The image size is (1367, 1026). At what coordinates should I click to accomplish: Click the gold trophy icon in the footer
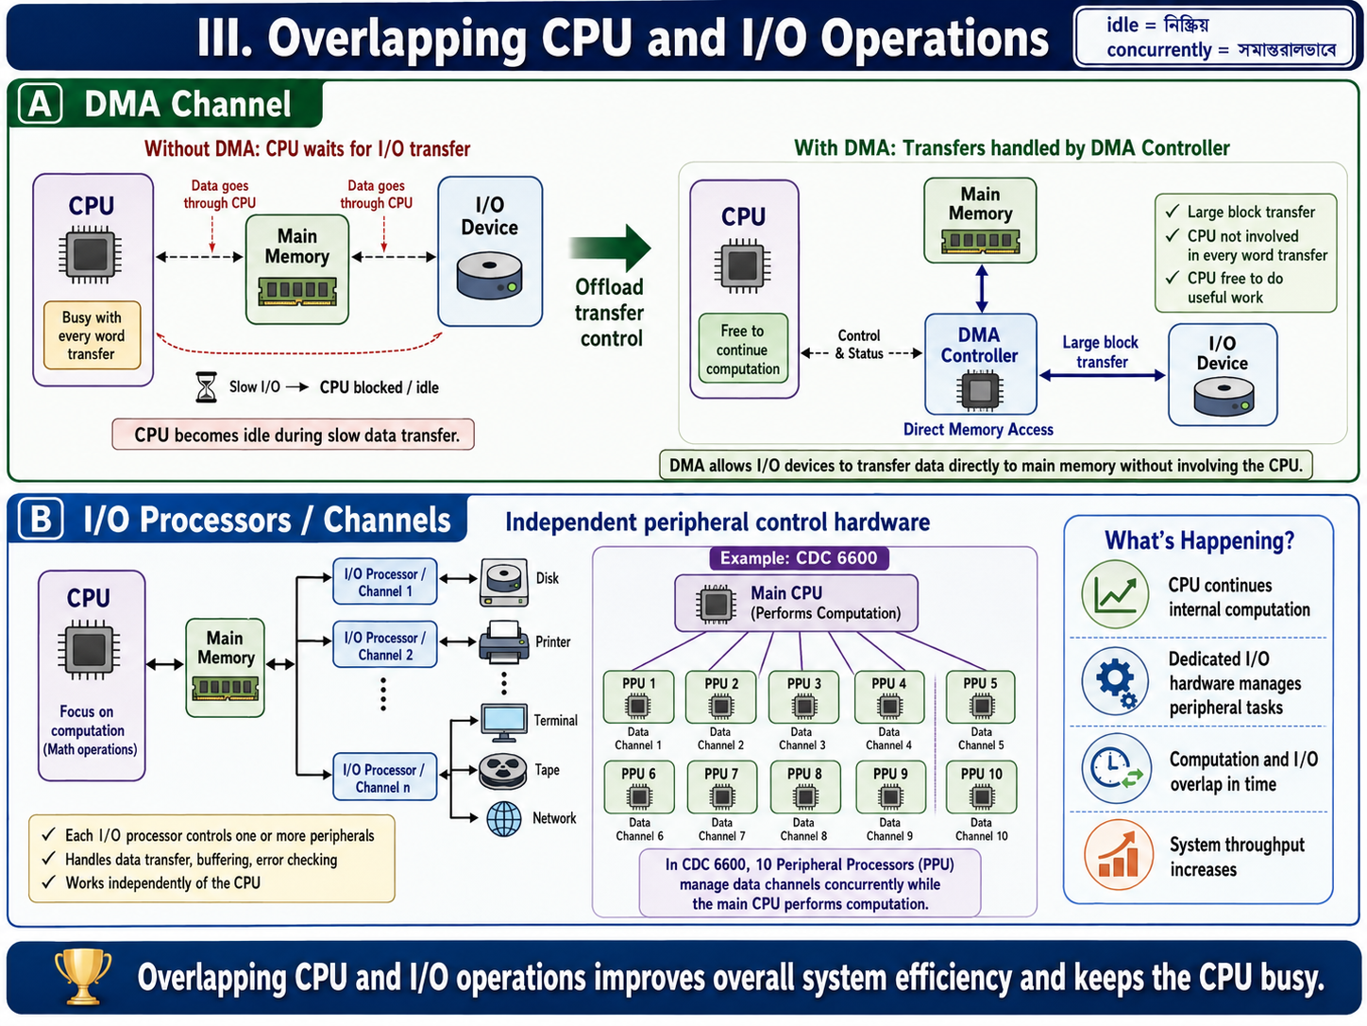[83, 976]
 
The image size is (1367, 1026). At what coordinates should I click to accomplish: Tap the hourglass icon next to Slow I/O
[206, 386]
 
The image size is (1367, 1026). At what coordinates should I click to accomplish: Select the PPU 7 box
[722, 787]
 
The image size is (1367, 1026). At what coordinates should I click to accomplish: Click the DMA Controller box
[980, 364]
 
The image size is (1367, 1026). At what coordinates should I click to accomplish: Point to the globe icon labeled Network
[504, 818]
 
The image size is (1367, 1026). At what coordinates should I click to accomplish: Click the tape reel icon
[502, 771]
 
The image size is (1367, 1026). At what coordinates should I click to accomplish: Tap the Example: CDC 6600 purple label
[799, 557]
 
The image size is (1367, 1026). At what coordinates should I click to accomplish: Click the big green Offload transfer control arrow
[610, 248]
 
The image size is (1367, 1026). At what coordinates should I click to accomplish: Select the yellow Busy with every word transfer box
[93, 335]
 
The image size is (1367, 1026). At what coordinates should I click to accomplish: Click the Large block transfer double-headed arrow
[1103, 375]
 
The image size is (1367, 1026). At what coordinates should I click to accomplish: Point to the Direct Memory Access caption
[978, 429]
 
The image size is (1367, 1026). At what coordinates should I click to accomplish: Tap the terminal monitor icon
[504, 723]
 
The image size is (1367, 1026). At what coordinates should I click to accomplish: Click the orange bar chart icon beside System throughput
[1118, 855]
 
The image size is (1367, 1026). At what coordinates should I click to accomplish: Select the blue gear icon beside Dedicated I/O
[1115, 681]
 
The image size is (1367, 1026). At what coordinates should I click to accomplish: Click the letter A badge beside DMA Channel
[41, 103]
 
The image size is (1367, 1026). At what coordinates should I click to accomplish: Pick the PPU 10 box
[982, 787]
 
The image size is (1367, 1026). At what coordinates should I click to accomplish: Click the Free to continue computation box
[743, 349]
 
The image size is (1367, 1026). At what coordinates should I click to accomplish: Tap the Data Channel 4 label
[888, 739]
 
